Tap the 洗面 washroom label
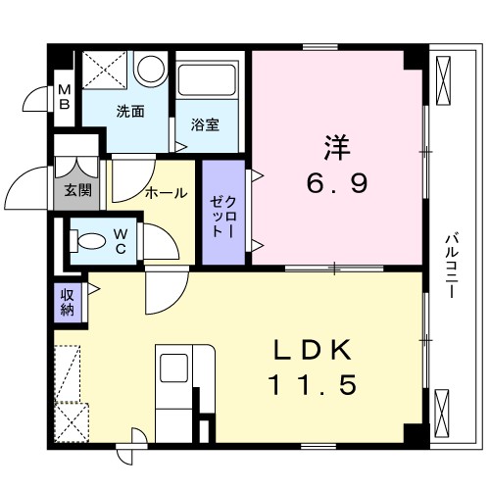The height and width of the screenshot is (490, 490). [131, 112]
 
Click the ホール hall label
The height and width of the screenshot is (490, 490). [166, 193]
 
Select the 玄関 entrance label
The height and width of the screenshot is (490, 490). [78, 191]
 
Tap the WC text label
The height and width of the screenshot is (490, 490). [119, 240]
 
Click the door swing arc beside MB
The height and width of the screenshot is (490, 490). [37, 101]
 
